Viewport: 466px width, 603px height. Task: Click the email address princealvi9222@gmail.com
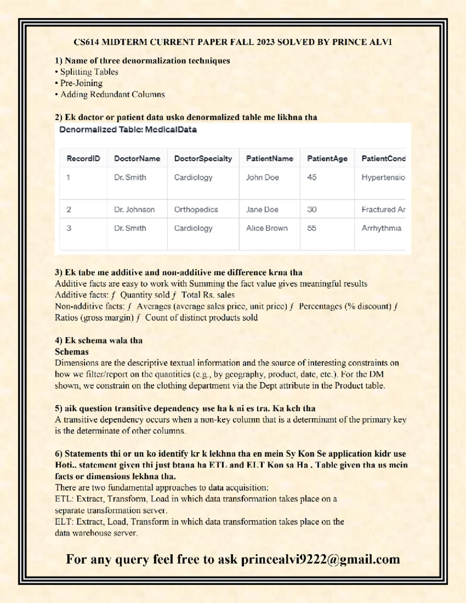click(x=320, y=559)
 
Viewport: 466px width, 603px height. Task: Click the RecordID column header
click(x=83, y=158)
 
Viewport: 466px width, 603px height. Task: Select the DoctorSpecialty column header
click(x=203, y=158)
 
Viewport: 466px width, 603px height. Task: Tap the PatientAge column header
click(x=327, y=158)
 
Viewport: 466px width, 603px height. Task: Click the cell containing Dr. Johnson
click(x=134, y=210)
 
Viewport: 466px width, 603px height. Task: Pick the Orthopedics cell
click(x=196, y=210)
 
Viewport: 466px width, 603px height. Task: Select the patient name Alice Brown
click(x=267, y=228)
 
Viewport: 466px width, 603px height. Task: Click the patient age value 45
click(x=312, y=177)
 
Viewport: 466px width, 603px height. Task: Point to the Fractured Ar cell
click(x=383, y=210)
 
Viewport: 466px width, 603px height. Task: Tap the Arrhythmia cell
click(x=381, y=228)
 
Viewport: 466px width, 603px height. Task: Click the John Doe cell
click(x=263, y=177)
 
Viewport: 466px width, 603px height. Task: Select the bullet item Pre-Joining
click(x=81, y=83)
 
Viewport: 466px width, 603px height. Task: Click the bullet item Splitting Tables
click(x=89, y=72)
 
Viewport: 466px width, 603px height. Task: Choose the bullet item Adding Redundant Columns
click(x=112, y=94)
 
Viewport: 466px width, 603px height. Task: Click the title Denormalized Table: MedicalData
click(x=128, y=130)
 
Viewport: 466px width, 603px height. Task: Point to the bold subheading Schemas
click(x=72, y=352)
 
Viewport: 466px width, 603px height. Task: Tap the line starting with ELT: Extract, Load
click(x=199, y=522)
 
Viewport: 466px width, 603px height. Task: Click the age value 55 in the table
click(x=312, y=228)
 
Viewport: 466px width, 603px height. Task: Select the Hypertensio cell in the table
click(x=383, y=177)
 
